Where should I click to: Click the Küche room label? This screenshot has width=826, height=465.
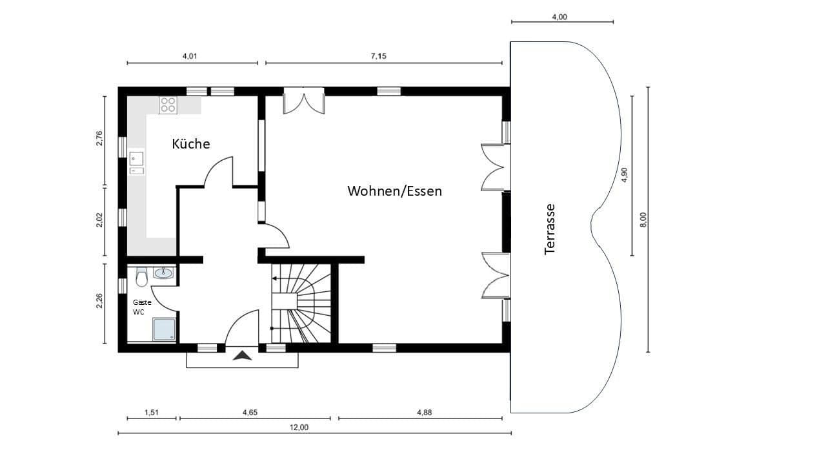pyautogui.click(x=190, y=143)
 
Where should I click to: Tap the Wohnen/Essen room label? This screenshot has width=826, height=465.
pyautogui.click(x=394, y=191)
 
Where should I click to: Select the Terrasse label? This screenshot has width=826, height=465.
pyautogui.click(x=550, y=229)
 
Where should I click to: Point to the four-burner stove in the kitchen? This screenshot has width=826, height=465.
pyautogui.click(x=168, y=105)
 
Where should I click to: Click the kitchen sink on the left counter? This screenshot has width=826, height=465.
pyautogui.click(x=136, y=163)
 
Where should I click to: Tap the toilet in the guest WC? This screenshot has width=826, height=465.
pyautogui.click(x=142, y=277)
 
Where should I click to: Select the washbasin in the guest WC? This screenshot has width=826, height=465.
pyautogui.click(x=164, y=273)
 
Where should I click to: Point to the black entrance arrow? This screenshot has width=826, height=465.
pyautogui.click(x=243, y=355)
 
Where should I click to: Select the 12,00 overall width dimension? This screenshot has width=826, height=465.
pyautogui.click(x=299, y=427)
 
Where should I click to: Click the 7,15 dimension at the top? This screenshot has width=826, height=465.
pyautogui.click(x=378, y=56)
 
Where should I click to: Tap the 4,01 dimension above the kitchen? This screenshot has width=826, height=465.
pyautogui.click(x=189, y=56)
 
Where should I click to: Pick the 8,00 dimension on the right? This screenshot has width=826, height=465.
pyautogui.click(x=643, y=220)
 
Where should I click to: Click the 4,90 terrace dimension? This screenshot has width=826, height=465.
pyautogui.click(x=624, y=175)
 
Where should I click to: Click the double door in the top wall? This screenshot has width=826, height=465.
pyautogui.click(x=303, y=101)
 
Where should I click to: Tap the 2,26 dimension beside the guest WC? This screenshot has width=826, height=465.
pyautogui.click(x=99, y=301)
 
